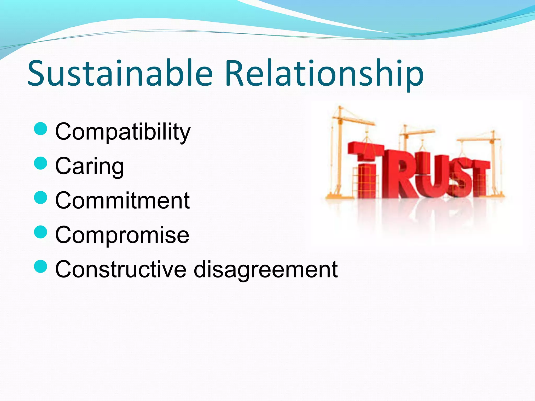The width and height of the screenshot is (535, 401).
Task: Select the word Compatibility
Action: (123, 132)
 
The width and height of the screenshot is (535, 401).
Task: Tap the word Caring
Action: (90, 167)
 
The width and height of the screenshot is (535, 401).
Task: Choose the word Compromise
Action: (122, 235)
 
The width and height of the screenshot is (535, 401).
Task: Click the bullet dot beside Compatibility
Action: (41, 129)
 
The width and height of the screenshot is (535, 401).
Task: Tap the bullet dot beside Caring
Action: (41, 163)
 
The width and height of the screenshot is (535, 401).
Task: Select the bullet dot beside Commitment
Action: (41, 198)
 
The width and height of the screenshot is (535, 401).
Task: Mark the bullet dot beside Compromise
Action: (41, 232)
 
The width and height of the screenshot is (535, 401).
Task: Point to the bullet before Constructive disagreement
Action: (41, 266)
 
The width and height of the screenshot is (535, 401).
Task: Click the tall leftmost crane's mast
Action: (339, 151)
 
